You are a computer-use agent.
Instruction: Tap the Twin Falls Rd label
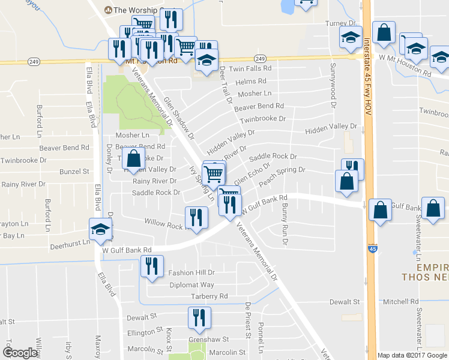coord(250,69)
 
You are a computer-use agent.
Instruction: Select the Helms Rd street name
coord(251,81)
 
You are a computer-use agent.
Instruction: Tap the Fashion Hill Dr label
coord(191,272)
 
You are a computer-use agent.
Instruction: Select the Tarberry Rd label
coord(209,296)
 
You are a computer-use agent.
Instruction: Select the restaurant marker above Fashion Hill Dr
coord(152,266)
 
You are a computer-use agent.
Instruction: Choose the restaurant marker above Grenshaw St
coord(199,317)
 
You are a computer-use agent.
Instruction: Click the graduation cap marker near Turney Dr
coord(351,37)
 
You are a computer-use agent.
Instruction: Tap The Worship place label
coord(134,10)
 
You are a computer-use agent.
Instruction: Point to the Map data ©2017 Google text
coord(412,355)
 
